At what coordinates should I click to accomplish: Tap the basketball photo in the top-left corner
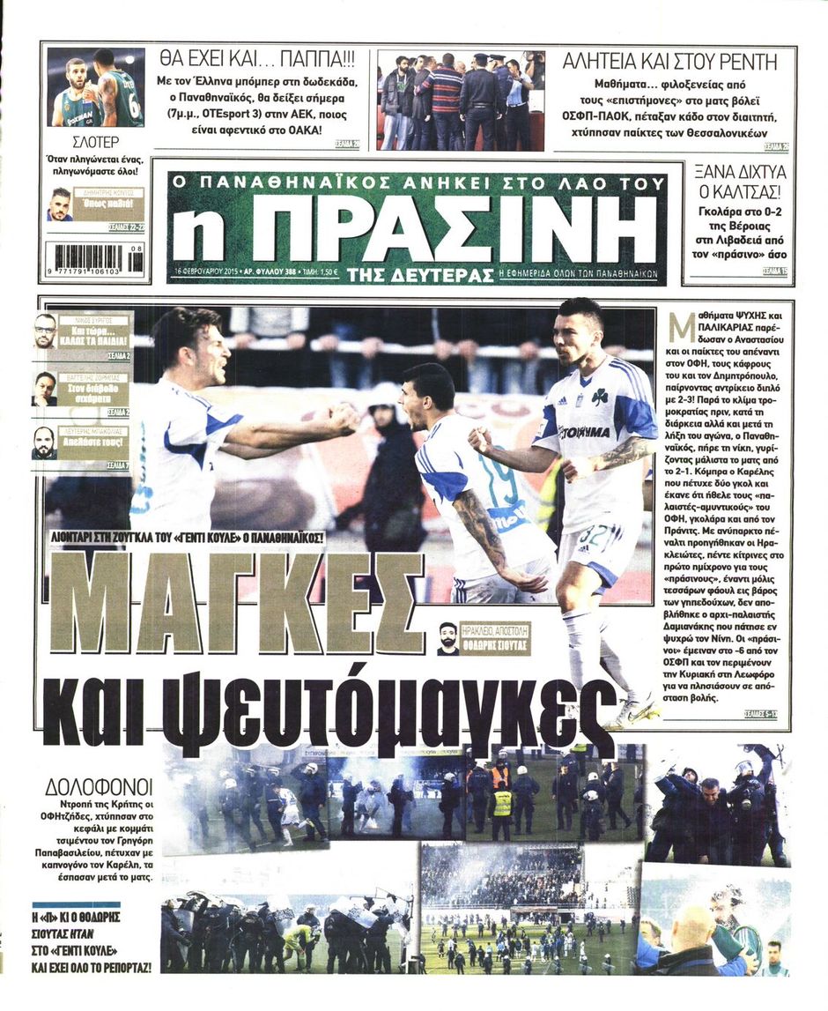(x=94, y=87)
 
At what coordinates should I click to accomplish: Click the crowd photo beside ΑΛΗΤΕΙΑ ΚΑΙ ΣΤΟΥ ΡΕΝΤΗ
(x=460, y=100)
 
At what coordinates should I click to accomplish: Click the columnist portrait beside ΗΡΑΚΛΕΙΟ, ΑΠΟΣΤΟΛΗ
(x=448, y=638)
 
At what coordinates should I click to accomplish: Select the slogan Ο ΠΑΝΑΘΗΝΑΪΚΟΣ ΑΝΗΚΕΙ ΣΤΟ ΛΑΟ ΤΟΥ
(x=417, y=183)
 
